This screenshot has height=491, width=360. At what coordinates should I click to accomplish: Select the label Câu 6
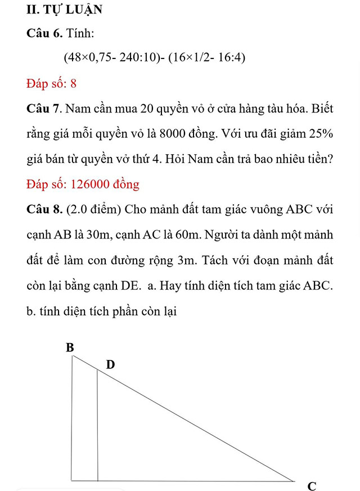tap(44, 34)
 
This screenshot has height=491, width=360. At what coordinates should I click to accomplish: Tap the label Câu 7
tap(44, 108)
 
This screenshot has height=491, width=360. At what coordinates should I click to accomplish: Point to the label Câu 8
tap(44, 209)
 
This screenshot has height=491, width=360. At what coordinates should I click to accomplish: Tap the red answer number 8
tap(73, 84)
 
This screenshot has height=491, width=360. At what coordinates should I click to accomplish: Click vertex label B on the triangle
tap(70, 348)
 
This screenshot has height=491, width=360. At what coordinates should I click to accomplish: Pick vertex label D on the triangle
tap(110, 365)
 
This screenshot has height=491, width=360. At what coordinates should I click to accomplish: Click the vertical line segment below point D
tap(97, 427)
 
